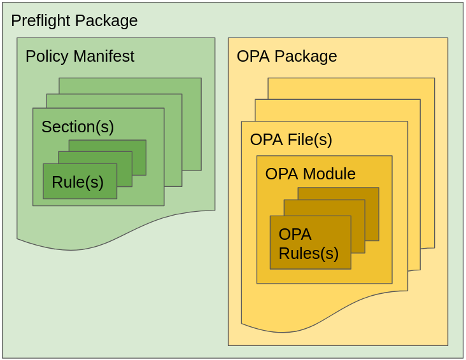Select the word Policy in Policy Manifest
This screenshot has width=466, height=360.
tap(46, 57)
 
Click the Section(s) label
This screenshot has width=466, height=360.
tap(78, 127)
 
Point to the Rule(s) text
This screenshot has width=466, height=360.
tap(78, 183)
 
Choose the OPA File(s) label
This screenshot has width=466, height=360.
tap(291, 140)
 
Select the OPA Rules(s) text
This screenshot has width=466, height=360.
tap(309, 244)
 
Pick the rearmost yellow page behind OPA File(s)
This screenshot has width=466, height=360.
tap(427, 159)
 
